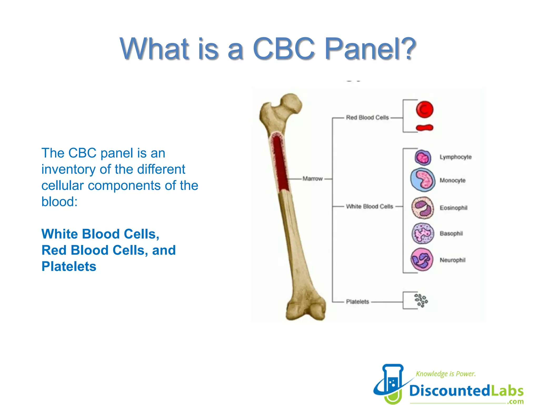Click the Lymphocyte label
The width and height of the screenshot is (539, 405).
coord(455,157)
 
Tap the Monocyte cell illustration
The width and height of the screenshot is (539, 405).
coord(423,180)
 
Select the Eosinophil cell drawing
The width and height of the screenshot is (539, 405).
coord(423,208)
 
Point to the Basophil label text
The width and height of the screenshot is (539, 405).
coord(451,233)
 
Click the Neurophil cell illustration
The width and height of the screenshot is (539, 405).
coord(422,259)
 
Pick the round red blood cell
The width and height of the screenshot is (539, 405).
coord(425,109)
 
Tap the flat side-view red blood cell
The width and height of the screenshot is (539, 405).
coord(424,128)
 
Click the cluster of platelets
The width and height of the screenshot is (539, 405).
coord(421,301)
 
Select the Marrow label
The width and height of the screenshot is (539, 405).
coord(312,179)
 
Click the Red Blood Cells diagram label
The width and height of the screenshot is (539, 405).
coord(367,118)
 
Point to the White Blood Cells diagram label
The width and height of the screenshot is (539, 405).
coord(369,206)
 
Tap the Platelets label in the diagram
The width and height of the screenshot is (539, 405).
coord(357,302)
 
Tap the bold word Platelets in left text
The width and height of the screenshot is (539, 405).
coord(69,266)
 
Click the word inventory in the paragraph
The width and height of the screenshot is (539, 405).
coord(68,170)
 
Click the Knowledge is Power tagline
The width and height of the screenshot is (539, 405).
coord(446,374)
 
